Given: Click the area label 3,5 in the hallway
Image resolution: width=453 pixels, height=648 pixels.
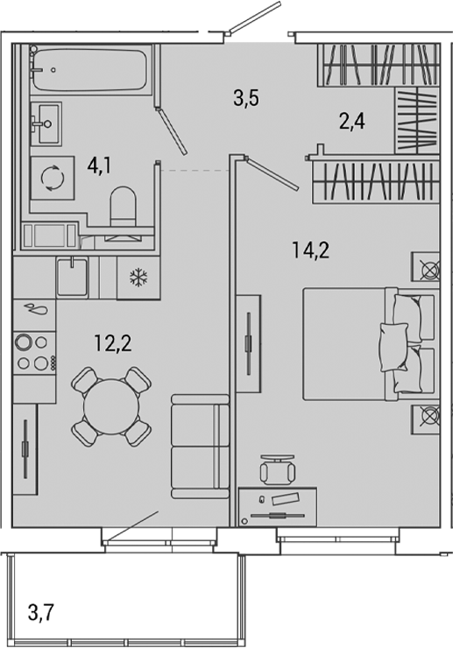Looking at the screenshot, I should tap(246, 98).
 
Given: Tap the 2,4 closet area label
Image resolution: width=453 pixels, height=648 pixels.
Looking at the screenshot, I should tap(351, 122).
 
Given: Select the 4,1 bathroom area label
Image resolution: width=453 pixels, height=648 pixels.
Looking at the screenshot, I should tap(98, 165).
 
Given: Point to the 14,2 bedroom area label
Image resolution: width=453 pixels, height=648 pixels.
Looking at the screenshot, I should tap(310, 250).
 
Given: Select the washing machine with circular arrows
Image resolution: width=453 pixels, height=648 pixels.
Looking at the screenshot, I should tap(52, 178).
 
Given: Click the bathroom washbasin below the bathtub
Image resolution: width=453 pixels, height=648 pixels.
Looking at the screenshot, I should tap(45, 117).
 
